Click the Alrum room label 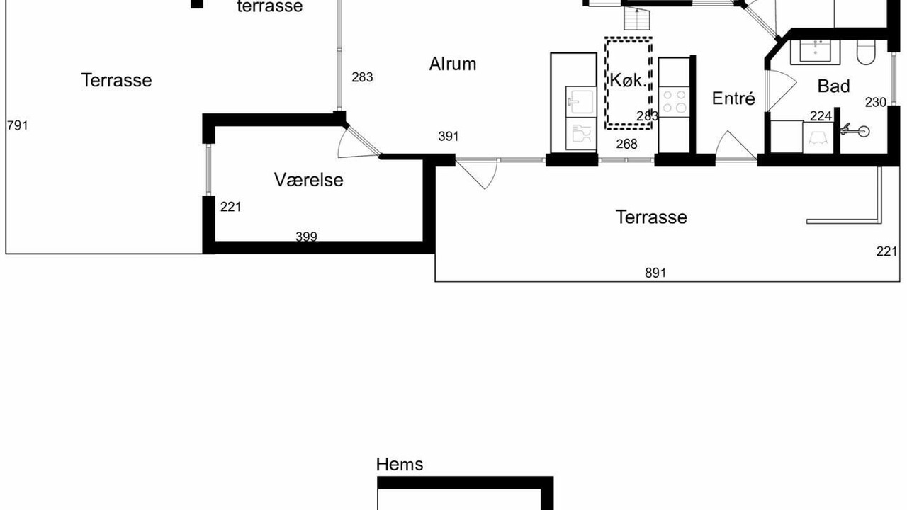point(453,64)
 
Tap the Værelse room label point(308,180)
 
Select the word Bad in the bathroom point(834,86)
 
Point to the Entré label point(733,98)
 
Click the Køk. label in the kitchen point(628,81)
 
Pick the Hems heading point(400,464)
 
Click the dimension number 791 point(18,125)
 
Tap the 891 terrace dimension point(655,273)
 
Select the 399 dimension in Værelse point(307,237)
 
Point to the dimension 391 point(449,137)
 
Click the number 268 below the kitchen point(627,144)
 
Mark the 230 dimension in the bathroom point(876,103)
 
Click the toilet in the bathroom point(867,52)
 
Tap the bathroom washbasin point(816,51)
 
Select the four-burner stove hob point(674,101)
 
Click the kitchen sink point(581,101)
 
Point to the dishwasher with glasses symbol point(581,134)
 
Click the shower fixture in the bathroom point(855,131)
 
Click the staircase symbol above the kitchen point(637,19)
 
